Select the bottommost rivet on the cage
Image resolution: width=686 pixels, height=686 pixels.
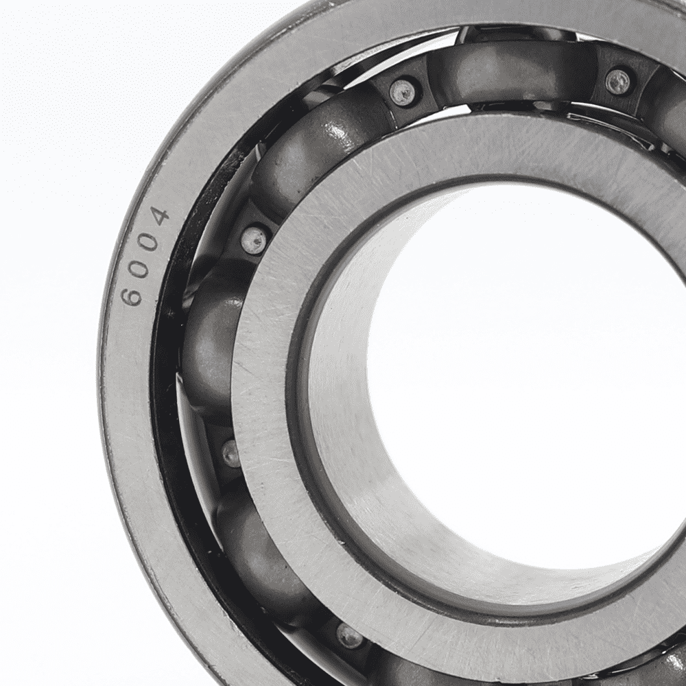pyautogui.click(x=348, y=636)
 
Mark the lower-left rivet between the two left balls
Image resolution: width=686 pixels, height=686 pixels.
pyautogui.click(x=230, y=453)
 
